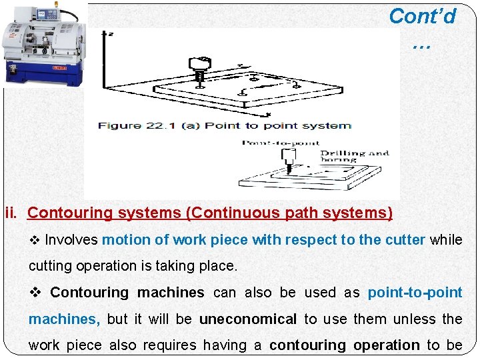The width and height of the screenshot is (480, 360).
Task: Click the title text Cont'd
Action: (x=422, y=16)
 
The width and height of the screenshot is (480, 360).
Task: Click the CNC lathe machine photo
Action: (x=43, y=43)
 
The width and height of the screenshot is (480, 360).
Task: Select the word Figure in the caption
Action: (x=119, y=125)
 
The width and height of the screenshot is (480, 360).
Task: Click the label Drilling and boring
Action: (x=355, y=156)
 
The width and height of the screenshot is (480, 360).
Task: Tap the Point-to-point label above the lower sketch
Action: (x=280, y=143)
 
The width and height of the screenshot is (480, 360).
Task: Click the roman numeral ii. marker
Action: (x=13, y=213)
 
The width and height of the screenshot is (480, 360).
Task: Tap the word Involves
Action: (x=71, y=240)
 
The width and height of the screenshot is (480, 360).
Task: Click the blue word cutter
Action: (x=403, y=240)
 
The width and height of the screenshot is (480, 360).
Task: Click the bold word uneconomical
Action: (x=248, y=319)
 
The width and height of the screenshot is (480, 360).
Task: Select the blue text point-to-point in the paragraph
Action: (x=415, y=293)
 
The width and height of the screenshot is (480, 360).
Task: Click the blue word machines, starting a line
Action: (x=64, y=319)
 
